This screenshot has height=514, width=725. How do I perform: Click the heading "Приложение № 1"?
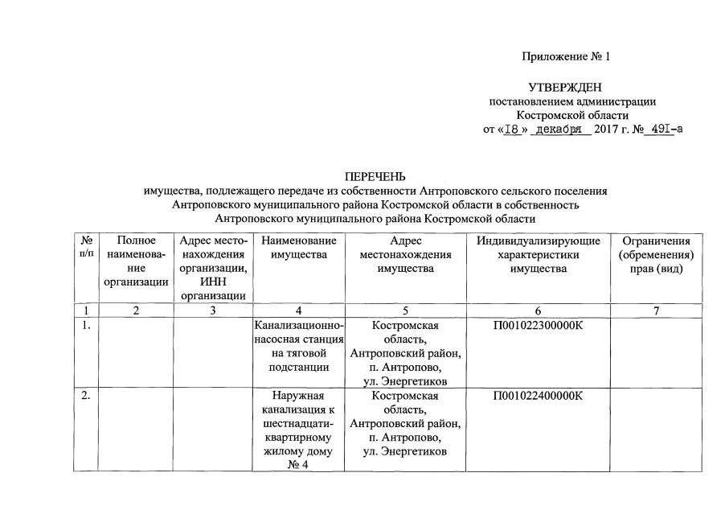566,57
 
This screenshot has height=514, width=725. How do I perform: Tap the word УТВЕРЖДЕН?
565,87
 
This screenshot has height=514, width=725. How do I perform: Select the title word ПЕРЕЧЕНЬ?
375,176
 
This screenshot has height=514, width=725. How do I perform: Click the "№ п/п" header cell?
86,247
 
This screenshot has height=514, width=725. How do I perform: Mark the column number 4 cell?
298,310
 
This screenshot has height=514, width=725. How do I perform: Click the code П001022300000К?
538,326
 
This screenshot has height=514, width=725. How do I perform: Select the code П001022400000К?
538,396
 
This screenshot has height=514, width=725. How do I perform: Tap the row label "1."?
86,326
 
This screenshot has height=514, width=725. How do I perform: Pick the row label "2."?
86,396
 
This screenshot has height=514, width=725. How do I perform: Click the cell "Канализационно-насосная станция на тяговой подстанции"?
298,347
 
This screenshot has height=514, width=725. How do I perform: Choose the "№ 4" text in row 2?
298,464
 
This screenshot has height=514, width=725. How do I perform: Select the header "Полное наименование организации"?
136,261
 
